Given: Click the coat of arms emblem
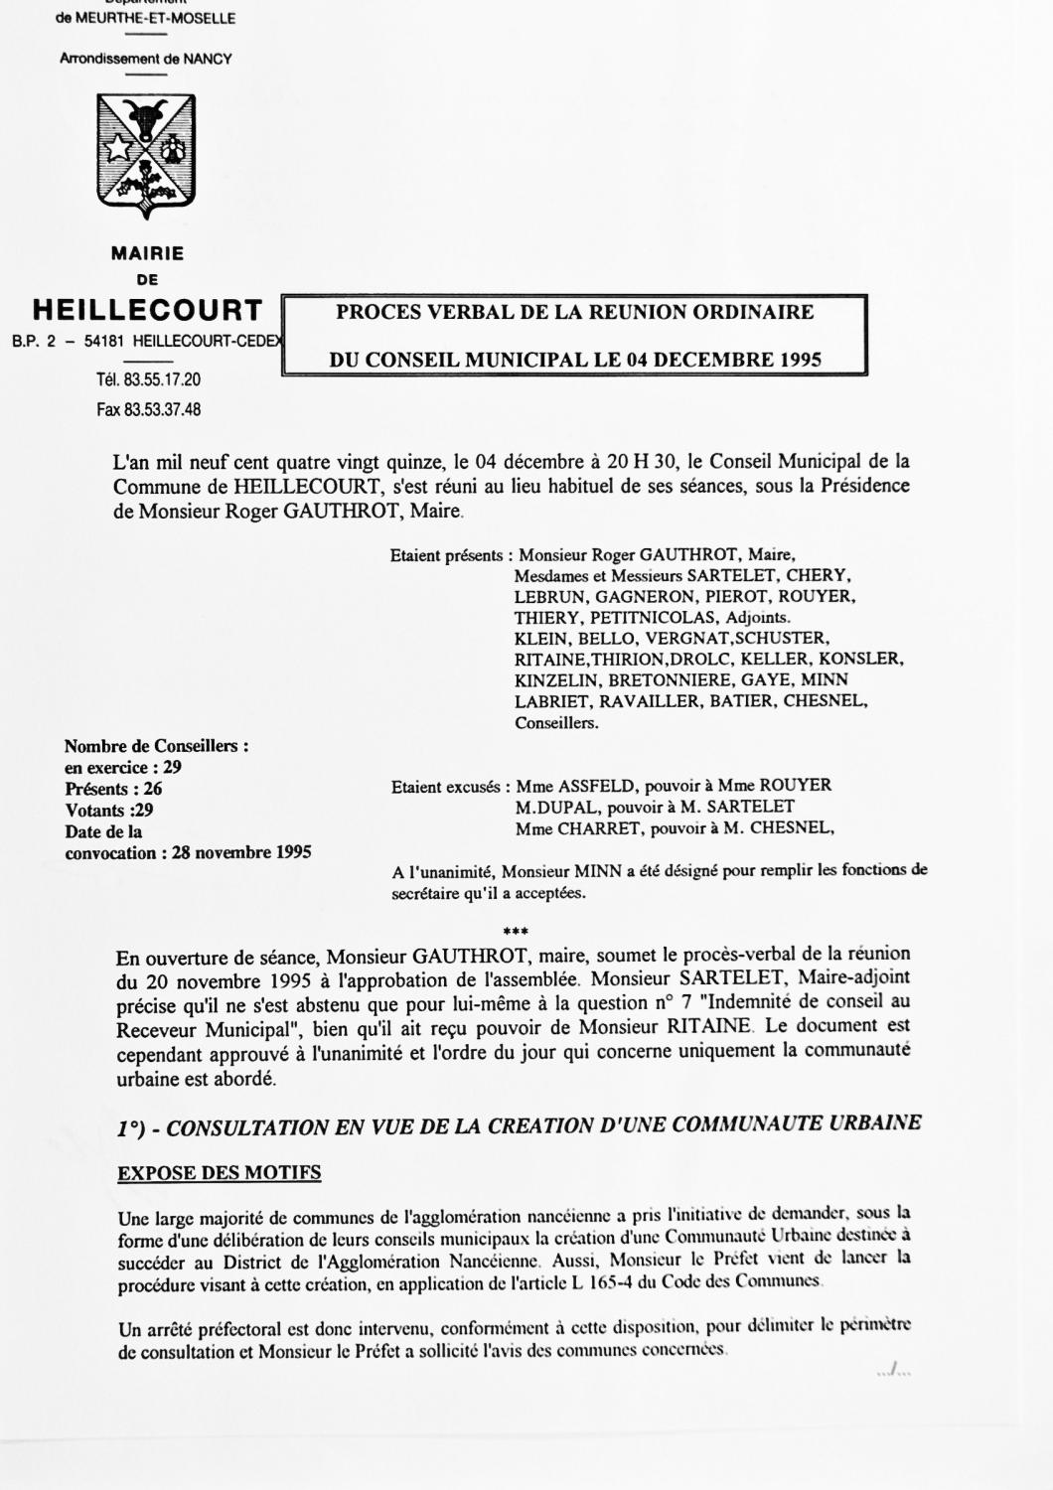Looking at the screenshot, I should coord(146,154).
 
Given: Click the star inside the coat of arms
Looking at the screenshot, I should coord(119,149).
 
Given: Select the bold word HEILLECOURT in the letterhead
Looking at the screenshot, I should coord(147,311).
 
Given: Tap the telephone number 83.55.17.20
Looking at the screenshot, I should coord(162,379).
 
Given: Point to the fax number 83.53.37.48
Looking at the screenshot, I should coord(162,408).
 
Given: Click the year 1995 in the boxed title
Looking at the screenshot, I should coord(800,360).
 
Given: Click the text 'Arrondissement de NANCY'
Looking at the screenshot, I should coord(145,59).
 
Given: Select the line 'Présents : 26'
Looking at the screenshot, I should coord(113,789).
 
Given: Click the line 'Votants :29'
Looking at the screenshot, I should coord(108,810).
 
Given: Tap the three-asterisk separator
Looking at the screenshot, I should coord(517,932).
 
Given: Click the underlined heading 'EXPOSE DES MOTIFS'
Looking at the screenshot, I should coord(220,1173).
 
